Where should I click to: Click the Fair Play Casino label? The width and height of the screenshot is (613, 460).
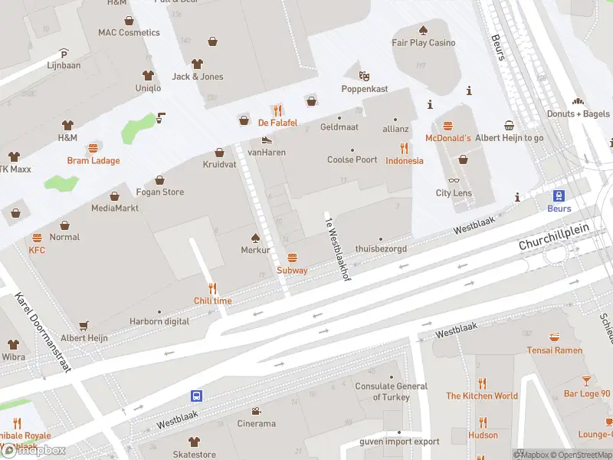tap(423, 43)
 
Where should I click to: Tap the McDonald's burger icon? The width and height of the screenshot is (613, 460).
tap(447, 125)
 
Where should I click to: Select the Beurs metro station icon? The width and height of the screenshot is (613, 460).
tap(559, 195)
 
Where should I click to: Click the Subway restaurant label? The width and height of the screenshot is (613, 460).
tap(292, 270)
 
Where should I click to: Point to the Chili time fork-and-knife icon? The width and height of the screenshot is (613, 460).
tap(212, 288)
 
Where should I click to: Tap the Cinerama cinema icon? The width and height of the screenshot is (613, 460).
tap(256, 411)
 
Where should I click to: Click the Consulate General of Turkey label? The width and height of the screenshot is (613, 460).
tap(392, 392)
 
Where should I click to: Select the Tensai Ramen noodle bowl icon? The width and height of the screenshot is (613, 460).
tap(555, 337)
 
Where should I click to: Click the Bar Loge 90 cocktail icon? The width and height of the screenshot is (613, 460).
tap(587, 381)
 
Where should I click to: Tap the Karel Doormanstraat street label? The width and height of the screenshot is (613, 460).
tap(43, 332)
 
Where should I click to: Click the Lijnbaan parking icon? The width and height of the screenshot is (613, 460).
tap(64, 54)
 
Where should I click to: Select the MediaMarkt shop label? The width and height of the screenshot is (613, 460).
tap(115, 208)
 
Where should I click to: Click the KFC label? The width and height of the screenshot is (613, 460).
tap(37, 250)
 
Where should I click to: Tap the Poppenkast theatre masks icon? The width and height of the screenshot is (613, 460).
tap(364, 76)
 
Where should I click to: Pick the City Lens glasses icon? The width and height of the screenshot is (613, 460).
tap(454, 181)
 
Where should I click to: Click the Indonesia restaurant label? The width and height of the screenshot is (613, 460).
tap(404, 161)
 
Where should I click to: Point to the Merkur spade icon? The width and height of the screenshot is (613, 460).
tap(256, 238)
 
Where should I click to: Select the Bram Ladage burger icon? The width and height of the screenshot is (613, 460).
tap(93, 148)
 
